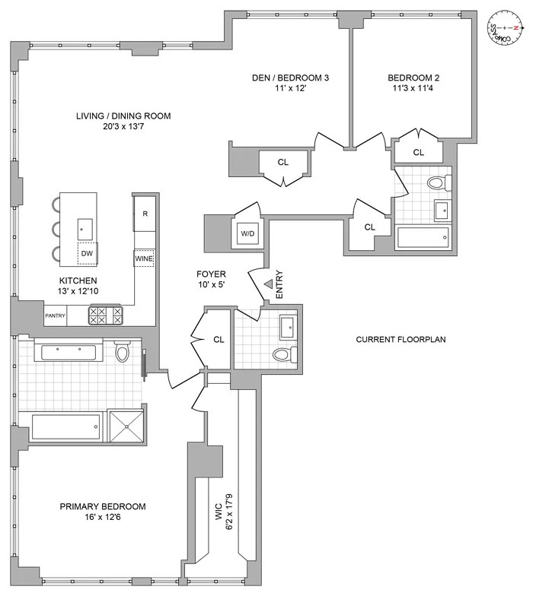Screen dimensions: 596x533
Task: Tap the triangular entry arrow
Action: click(268, 284)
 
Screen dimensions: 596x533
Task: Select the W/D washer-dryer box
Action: click(247, 233)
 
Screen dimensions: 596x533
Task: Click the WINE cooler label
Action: click(145, 258)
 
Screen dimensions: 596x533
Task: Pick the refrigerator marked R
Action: click(145, 214)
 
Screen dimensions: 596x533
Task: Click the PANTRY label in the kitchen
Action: click(56, 315)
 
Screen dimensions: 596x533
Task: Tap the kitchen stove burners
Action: click(106, 315)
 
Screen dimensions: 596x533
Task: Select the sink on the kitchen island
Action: click(85, 227)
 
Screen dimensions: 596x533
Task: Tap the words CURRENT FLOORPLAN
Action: click(401, 339)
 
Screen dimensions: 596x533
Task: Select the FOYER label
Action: click(210, 274)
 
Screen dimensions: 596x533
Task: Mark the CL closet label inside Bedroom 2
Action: click(418, 153)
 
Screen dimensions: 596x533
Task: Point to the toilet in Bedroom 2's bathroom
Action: click(436, 183)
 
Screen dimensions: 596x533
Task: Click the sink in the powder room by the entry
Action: click(288, 329)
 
